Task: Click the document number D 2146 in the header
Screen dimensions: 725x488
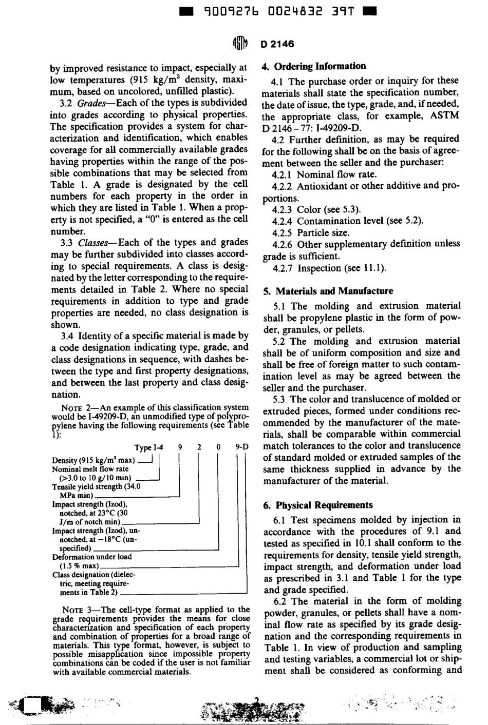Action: click(277, 44)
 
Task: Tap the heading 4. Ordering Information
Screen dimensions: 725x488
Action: click(314, 66)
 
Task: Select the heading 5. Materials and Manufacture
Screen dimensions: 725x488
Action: click(328, 291)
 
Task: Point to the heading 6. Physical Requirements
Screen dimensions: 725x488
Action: click(317, 505)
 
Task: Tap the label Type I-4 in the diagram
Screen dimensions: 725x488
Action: click(148, 447)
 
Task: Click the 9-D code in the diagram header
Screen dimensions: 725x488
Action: click(241, 447)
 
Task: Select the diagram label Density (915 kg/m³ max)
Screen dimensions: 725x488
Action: click(93, 460)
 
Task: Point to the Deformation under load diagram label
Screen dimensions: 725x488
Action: click(92, 557)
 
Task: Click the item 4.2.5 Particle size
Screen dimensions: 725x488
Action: click(310, 232)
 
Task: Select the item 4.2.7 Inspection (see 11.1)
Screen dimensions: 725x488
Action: click(328, 268)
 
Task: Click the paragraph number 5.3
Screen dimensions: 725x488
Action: click(280, 399)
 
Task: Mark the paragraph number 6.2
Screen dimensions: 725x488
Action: click(280, 601)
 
